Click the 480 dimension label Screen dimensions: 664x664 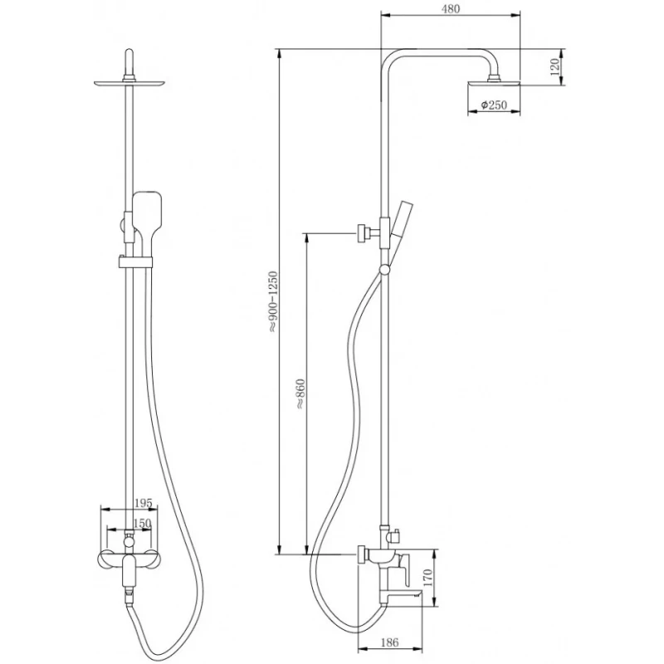(x=451, y=9)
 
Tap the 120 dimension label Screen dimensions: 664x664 (x=554, y=66)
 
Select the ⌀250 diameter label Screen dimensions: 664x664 (x=494, y=105)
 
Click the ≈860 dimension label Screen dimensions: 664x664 (x=300, y=393)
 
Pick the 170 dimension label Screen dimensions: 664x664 (x=427, y=579)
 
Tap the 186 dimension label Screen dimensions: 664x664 (x=389, y=642)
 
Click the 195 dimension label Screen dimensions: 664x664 (x=143, y=503)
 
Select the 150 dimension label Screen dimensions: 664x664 (x=142, y=524)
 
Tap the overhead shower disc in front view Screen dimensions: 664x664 (x=129, y=84)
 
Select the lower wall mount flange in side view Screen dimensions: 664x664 (x=363, y=554)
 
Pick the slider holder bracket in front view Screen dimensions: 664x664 (x=134, y=261)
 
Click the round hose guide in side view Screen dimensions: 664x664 (x=384, y=270)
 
